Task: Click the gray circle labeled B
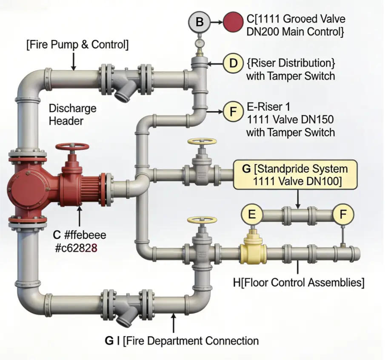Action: click(199, 22)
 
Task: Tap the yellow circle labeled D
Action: click(233, 64)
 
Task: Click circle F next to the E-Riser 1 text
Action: click(233, 112)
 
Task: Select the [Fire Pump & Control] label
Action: click(77, 45)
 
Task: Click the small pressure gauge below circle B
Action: click(199, 43)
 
